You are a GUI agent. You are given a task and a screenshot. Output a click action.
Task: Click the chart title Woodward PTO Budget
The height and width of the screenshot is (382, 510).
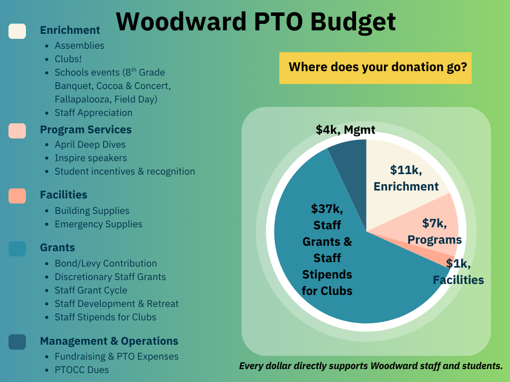tap(255, 22)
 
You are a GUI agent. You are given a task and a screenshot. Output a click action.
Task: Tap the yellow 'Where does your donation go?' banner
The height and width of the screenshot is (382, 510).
tap(376, 68)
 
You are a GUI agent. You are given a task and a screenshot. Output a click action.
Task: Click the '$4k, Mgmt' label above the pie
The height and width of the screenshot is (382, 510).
tap(346, 130)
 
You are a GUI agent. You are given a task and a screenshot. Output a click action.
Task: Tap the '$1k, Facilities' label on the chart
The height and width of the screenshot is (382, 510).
tap(458, 272)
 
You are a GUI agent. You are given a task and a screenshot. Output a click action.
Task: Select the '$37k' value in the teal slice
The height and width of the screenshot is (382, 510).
tap(327, 208)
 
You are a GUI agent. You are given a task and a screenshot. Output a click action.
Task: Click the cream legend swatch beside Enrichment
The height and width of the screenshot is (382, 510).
tap(17, 31)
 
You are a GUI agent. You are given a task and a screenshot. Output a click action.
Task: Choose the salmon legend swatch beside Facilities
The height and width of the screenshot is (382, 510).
tap(17, 196)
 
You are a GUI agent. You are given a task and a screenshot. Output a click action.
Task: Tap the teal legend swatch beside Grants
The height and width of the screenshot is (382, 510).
tap(17, 249)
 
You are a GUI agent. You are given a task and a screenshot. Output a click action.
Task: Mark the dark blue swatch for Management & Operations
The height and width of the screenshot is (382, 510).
tap(17, 342)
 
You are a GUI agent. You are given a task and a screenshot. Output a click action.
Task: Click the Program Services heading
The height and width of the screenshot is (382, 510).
tap(86, 130)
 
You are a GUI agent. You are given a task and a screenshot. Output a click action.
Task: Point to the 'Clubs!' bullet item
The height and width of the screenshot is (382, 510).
tap(68, 59)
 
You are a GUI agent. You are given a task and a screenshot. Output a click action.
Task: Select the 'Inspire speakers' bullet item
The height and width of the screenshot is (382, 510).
tap(91, 158)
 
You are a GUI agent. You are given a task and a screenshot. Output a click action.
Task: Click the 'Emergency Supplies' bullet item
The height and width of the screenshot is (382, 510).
tap(99, 224)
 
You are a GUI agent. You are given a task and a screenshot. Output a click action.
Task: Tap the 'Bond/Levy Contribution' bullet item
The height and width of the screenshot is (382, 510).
tap(106, 264)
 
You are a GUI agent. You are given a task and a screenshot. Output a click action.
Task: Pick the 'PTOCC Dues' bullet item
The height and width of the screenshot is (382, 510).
tap(82, 370)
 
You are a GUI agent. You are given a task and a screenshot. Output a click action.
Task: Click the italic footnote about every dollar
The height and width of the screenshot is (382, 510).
tap(371, 366)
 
